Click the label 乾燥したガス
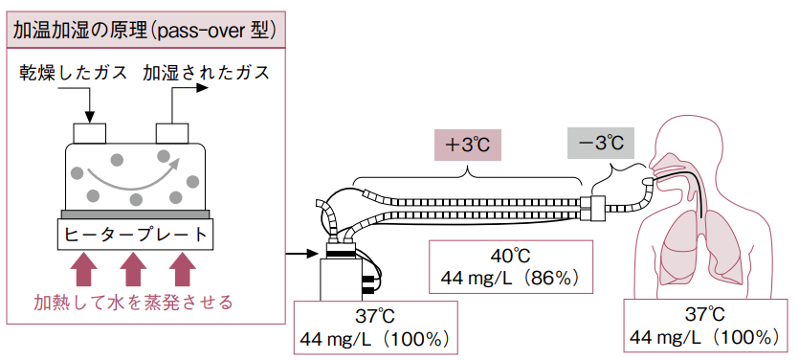tap(74, 73)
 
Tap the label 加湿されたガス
tap(206, 73)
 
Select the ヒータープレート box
tap(136, 235)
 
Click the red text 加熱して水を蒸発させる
tap(134, 303)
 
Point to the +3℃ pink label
tap(468, 145)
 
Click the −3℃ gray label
tap(601, 144)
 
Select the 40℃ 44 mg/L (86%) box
tap(511, 267)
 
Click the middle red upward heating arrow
tap(134, 270)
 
